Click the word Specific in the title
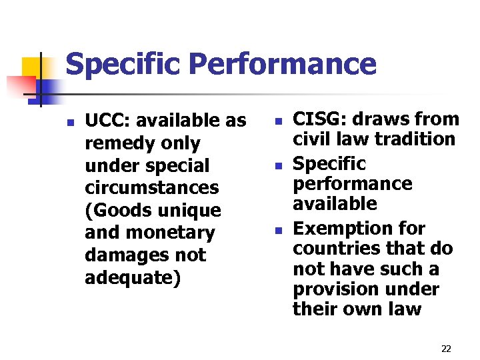point(123,65)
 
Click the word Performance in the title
point(283,65)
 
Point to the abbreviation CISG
point(316,119)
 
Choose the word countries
point(332,249)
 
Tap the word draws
point(371,119)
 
